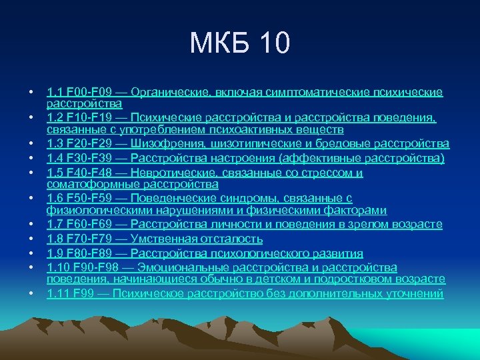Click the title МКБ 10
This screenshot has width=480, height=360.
(240, 44)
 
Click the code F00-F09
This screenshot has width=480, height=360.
(91, 91)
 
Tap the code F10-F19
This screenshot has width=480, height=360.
(91, 118)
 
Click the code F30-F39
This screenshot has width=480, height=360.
(91, 159)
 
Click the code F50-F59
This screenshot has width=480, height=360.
(91, 199)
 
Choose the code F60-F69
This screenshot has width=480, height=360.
(91, 225)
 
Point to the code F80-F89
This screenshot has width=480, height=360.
(91, 253)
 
